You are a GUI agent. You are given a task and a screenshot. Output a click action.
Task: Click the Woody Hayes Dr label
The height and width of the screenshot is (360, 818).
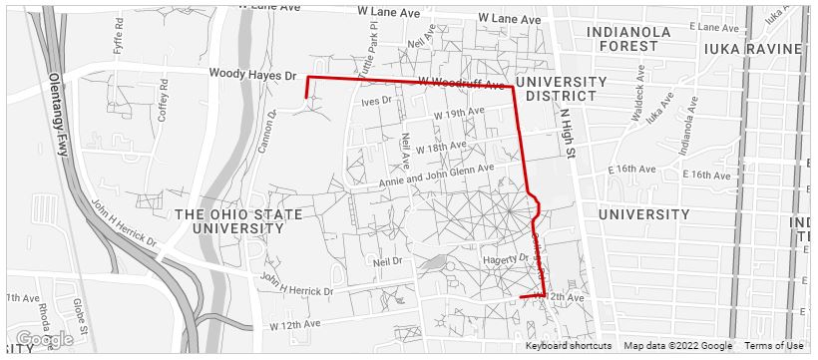tap(253, 75)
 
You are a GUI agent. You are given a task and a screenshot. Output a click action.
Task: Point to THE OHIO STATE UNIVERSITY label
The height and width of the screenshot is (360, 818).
tap(230, 221)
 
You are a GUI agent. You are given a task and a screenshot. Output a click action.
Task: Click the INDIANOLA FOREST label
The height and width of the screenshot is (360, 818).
tap(636, 39)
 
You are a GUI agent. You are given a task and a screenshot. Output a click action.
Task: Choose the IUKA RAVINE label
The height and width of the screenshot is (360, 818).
tap(752, 48)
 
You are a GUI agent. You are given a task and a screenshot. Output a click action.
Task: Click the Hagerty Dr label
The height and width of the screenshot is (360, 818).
tap(504, 257)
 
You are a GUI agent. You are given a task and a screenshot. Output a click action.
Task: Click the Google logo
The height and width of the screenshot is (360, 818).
tap(44, 340)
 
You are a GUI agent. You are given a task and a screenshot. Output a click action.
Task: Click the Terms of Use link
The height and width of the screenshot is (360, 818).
tap(773, 346)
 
